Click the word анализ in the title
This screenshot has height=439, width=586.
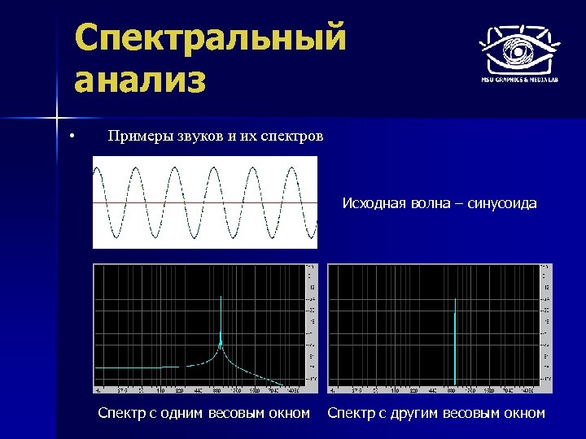pyautogui.click(x=139, y=81)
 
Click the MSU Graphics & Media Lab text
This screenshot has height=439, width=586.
pyautogui.click(x=518, y=80)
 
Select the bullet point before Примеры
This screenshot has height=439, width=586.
pyautogui.click(x=72, y=136)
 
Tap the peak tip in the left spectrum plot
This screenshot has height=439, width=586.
pyautogui.click(x=220, y=298)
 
